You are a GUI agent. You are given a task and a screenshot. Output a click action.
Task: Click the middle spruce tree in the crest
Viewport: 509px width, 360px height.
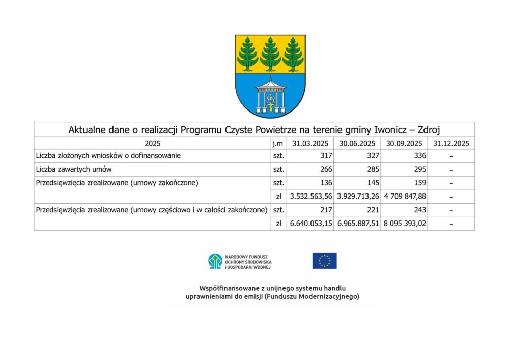[270, 54]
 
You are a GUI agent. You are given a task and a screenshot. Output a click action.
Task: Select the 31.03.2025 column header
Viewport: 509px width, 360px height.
[310, 143]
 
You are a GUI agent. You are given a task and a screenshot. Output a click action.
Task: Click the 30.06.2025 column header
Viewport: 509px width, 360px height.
[357, 143]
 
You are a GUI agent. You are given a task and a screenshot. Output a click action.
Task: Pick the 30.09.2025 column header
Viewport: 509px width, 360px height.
[404, 143]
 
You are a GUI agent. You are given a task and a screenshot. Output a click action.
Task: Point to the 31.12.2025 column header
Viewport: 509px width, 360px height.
[451, 143]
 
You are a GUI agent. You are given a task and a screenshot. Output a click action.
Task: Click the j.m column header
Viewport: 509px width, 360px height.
[278, 143]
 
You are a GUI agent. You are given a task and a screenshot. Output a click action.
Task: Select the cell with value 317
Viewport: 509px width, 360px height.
[326, 156]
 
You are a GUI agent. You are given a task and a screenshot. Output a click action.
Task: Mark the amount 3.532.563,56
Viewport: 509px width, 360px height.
[310, 197]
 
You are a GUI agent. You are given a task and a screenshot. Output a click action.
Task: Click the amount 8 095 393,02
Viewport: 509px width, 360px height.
[404, 224]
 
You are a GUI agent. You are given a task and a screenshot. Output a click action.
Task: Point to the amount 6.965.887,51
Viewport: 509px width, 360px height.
[357, 224]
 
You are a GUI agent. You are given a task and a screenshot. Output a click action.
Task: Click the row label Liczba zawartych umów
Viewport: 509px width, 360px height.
[74, 170]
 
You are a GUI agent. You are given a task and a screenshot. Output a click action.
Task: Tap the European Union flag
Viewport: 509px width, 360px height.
[324, 261]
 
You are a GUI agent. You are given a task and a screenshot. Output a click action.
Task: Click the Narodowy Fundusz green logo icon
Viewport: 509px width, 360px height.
[215, 261]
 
